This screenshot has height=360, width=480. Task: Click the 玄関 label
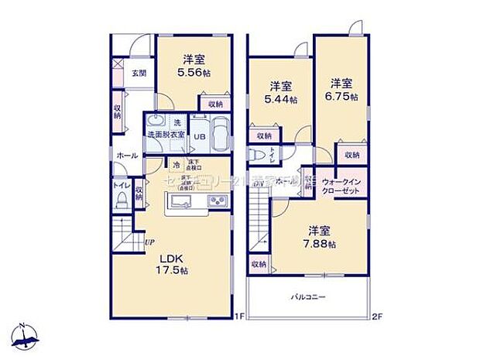[137, 74]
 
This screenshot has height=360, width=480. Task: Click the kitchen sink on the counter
[181, 203]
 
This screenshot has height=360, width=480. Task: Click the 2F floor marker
[375, 315]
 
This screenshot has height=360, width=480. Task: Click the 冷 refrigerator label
[176, 165]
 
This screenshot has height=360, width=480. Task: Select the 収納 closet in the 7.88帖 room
[258, 264]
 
